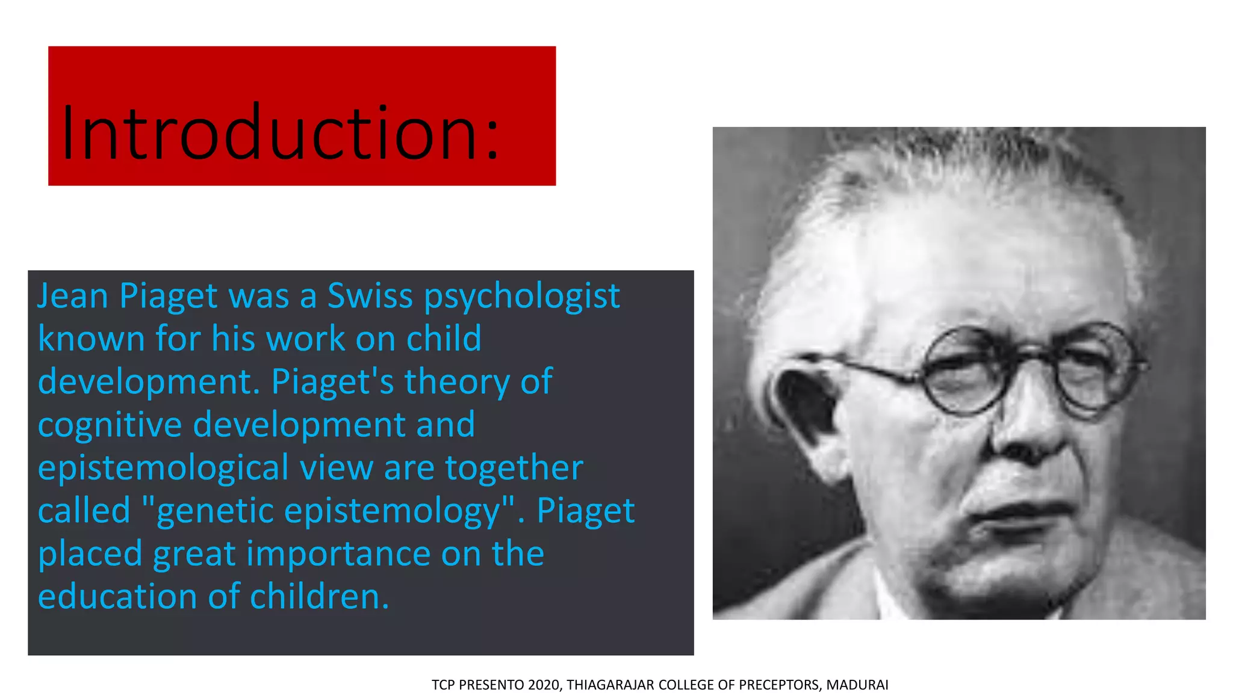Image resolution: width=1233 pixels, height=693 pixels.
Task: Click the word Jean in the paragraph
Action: point(73,296)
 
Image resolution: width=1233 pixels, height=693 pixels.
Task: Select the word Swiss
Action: point(370,296)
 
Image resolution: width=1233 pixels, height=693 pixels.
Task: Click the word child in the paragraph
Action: point(444,339)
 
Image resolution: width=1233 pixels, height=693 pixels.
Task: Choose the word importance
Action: point(338,554)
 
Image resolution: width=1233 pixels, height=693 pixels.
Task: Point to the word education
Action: point(117,597)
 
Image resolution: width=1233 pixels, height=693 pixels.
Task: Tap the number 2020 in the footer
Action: point(544,685)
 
